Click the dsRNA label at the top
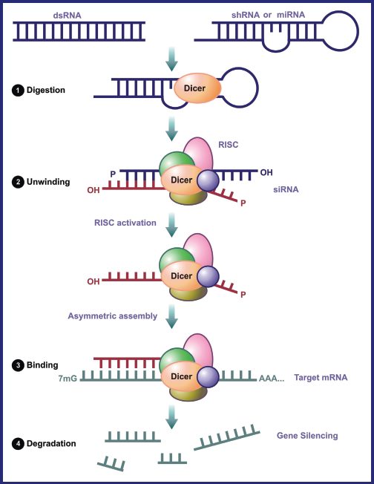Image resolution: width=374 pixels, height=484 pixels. point(67,15)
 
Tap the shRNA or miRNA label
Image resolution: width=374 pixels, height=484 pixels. point(268,15)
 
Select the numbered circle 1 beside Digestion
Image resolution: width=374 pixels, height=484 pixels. point(18,90)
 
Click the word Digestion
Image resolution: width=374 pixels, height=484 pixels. point(46,90)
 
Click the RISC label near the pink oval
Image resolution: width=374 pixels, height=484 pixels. point(229,145)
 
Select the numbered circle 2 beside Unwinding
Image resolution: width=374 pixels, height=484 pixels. point(18,182)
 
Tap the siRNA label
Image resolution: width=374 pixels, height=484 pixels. point(286,189)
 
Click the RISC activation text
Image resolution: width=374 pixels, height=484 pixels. point(125,223)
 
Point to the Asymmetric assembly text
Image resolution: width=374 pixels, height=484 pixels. point(113,315)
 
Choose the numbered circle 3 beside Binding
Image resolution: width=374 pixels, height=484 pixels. point(18,365)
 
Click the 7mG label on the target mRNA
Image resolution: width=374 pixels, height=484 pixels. point(68,378)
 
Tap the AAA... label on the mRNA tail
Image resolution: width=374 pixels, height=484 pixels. point(272,378)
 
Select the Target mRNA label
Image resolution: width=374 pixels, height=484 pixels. point(321,377)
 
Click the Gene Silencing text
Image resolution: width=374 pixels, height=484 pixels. point(307,435)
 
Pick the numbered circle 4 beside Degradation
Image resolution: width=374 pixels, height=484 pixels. point(18,444)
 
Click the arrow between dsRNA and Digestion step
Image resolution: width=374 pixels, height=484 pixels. point(171,59)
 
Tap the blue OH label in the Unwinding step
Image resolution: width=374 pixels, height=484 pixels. point(266,172)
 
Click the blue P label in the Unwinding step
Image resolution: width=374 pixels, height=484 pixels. point(113,174)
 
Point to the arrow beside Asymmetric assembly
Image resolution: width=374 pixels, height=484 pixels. point(171,316)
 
